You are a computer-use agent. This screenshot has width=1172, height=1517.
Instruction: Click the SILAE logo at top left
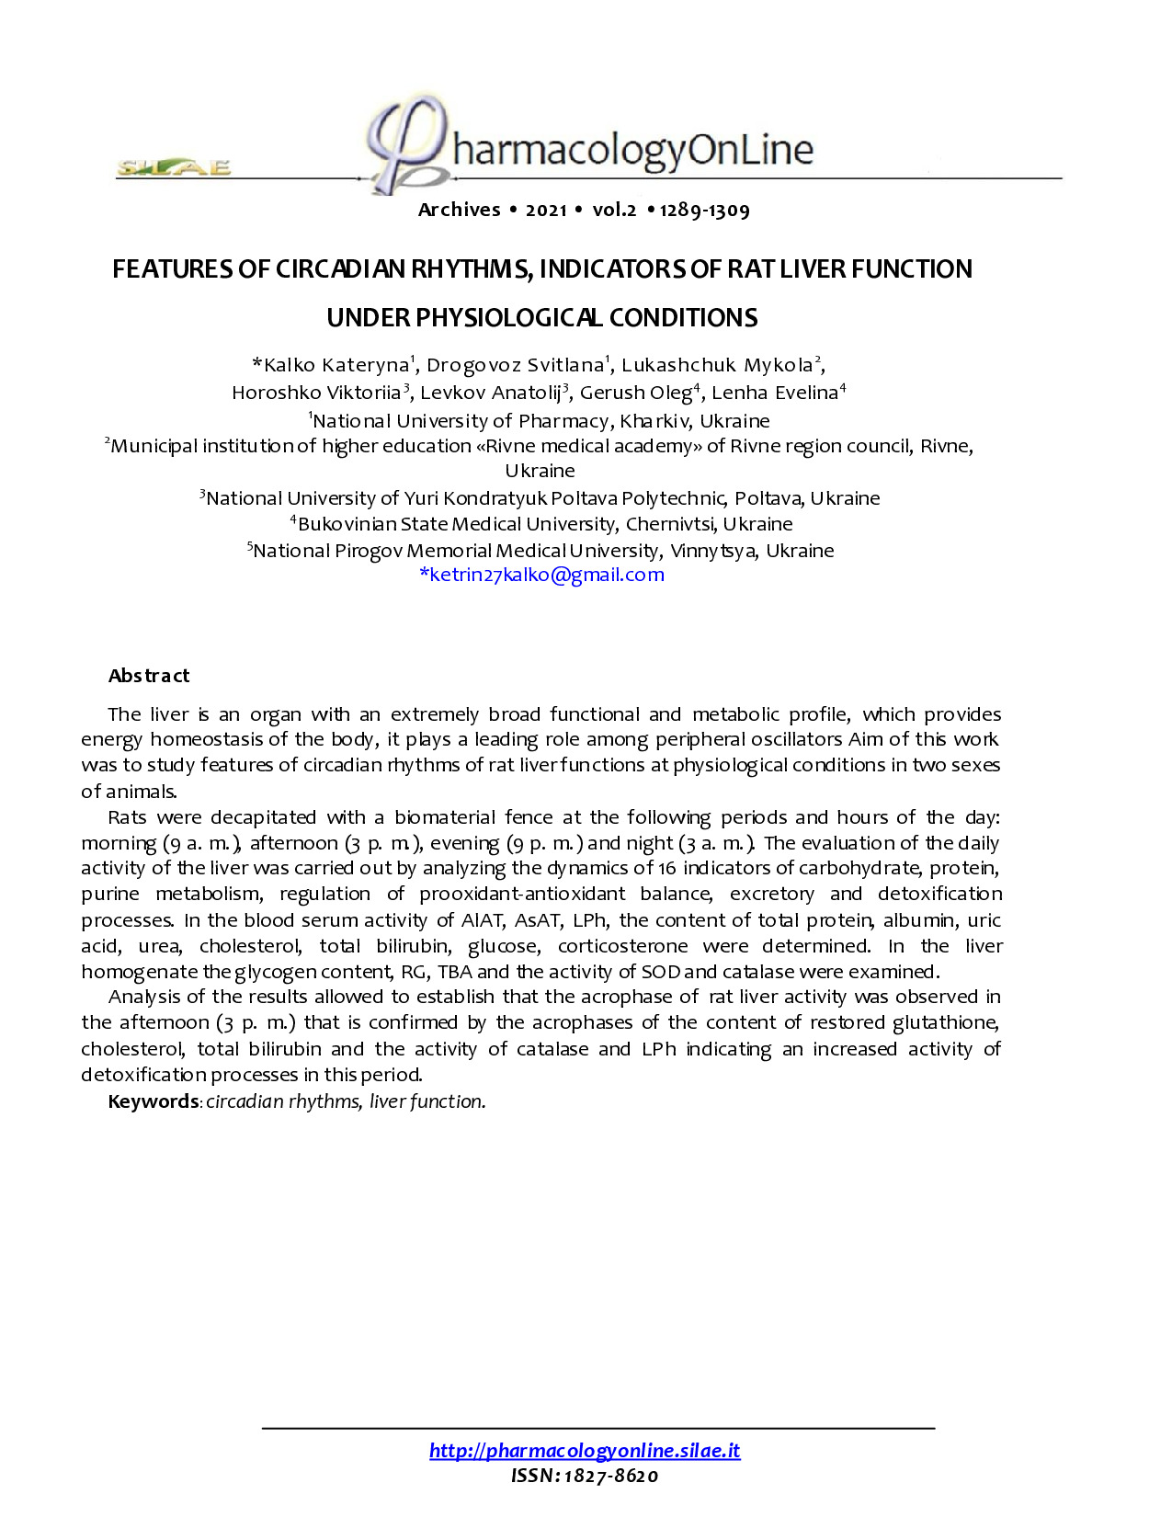(x=173, y=167)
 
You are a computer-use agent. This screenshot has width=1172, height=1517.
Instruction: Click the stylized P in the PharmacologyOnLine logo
(x=404, y=143)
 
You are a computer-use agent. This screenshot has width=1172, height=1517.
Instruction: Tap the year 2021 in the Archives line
(x=546, y=211)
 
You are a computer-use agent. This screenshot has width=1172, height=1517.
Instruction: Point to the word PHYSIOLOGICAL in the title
(x=509, y=318)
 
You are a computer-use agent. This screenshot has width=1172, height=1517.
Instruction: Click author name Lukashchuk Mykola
(x=718, y=366)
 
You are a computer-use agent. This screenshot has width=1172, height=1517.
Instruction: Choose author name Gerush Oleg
(x=635, y=394)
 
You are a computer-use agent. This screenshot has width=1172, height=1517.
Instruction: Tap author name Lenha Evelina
(x=775, y=394)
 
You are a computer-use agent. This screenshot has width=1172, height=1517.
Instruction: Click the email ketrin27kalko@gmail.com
(x=541, y=575)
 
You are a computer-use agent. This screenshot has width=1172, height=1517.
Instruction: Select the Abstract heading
(x=149, y=676)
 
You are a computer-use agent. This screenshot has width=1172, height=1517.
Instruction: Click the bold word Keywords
(x=154, y=1101)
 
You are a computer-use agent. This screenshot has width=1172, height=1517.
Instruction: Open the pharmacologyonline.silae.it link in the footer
(x=585, y=1451)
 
